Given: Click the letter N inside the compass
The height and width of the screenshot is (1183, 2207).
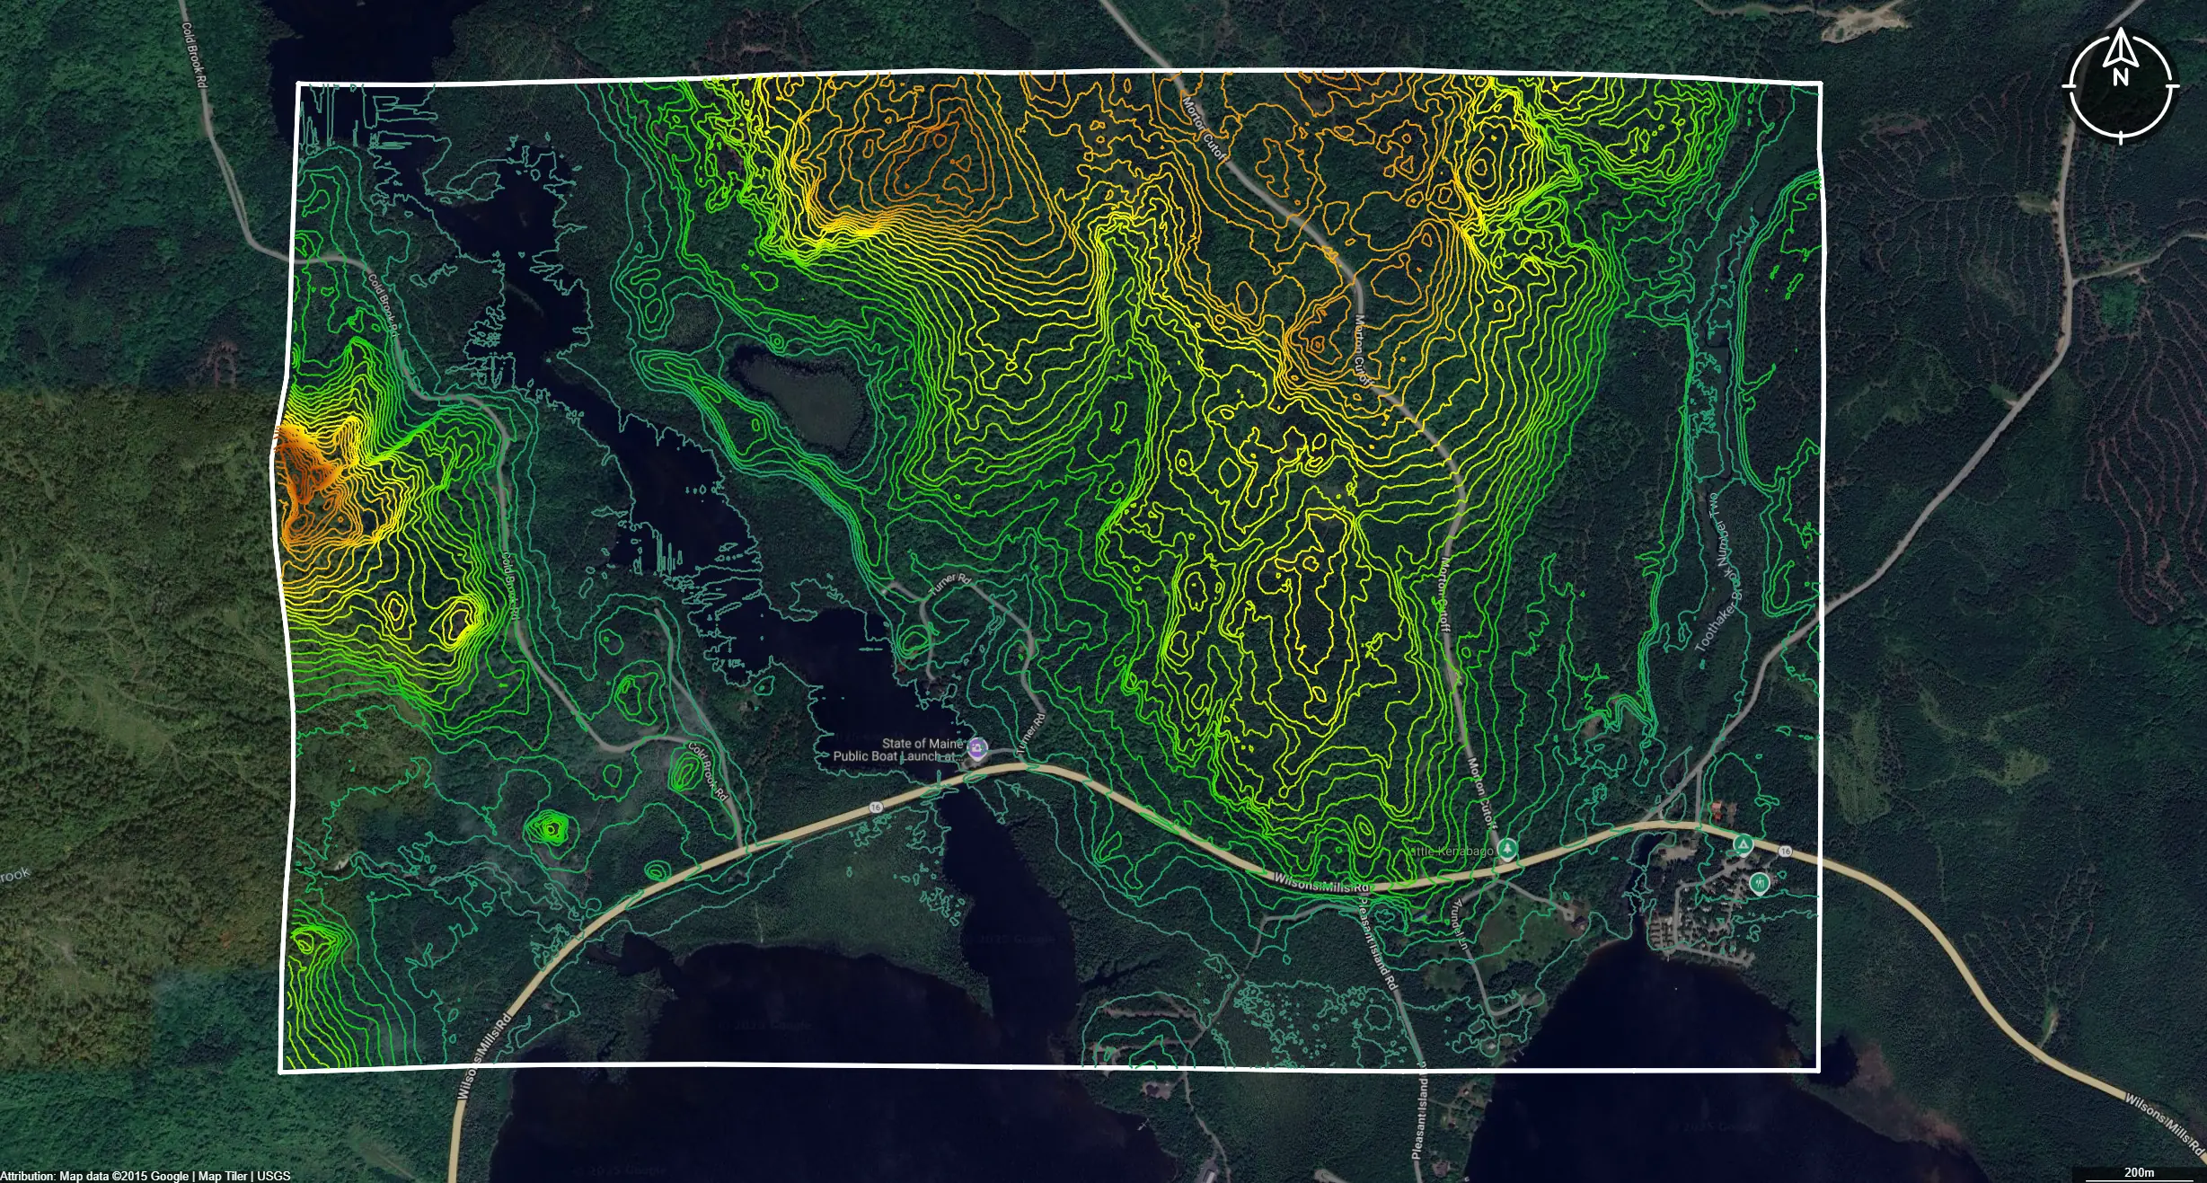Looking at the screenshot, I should pos(2121,77).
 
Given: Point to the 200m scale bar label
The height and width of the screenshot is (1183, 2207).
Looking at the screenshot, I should pos(2139,1172).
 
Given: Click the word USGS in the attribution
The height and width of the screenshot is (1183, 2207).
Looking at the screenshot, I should pos(273,1176).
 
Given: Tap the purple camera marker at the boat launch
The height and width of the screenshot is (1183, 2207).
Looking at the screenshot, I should pos(977,747).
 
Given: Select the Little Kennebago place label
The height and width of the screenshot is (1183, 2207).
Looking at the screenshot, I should pos(1452,851).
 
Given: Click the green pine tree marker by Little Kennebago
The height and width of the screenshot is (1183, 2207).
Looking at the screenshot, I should pos(1507,849).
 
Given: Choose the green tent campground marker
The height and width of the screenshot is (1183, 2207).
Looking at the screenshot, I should pos(1743,844).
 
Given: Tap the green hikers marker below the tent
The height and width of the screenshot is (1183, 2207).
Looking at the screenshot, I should pos(1759,883).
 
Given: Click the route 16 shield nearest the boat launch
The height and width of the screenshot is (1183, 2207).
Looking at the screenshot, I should pos(876,808).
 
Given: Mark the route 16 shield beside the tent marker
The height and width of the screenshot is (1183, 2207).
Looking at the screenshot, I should pos(1785,851).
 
